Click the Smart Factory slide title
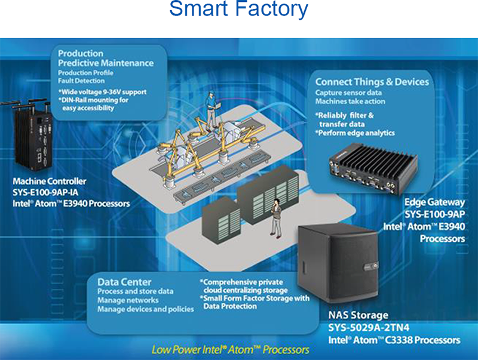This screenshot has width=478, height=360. point(238,10)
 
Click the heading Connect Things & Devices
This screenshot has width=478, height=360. point(372,82)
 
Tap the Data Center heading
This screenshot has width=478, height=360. point(124,282)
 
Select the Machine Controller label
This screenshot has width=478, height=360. point(50,181)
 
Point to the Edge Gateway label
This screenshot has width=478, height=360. point(434,202)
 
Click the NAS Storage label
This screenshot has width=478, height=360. point(358,315)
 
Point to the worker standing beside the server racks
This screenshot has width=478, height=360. point(275,217)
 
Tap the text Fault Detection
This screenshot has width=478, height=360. point(82,81)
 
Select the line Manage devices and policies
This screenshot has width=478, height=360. point(145,309)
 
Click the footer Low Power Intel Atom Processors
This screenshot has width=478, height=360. point(230,349)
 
